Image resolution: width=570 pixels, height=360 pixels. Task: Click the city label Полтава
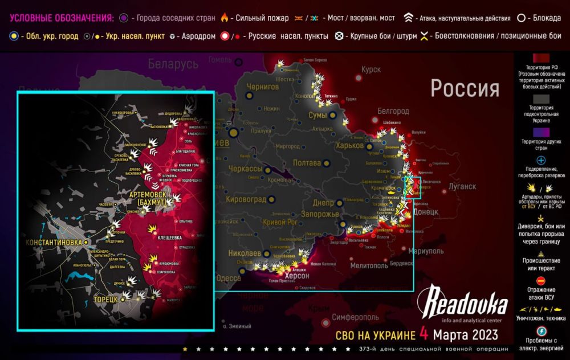tap(307, 163)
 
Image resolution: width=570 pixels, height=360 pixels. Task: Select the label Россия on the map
tap(465, 89)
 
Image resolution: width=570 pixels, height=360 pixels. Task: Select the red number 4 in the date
tap(424, 332)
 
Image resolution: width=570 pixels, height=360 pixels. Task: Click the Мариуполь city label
tap(427, 251)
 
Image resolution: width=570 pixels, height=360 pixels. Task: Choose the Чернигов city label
tap(263, 87)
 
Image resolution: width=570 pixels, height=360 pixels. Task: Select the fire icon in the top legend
tap(225, 18)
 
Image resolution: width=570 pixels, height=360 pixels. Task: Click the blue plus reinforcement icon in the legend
tap(541, 160)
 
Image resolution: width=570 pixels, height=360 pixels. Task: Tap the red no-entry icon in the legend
tap(541, 280)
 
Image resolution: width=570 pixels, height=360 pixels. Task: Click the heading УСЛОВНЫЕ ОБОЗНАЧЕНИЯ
tap(55, 18)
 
